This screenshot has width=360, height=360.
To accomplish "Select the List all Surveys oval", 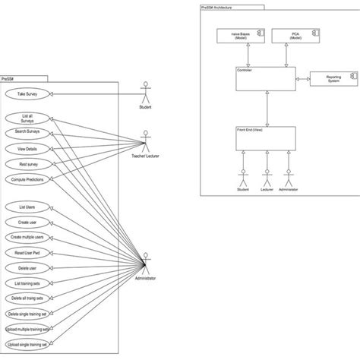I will (x=27, y=118).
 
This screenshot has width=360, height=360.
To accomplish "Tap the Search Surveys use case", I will (x=27, y=132).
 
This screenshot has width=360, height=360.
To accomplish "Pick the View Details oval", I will (x=27, y=148).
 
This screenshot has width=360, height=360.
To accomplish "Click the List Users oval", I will (x=27, y=206).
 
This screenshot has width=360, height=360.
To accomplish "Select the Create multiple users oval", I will (x=27, y=237).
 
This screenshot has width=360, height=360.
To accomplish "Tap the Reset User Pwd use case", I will (x=27, y=252).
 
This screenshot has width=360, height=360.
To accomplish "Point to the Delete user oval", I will (x=27, y=268).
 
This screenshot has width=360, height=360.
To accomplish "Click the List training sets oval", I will (x=27, y=283).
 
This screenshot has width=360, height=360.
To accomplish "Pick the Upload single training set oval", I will (x=27, y=345).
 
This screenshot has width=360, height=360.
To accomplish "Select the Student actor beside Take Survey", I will (x=146, y=93).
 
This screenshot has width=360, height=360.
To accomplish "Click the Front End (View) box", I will (x=265, y=137).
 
